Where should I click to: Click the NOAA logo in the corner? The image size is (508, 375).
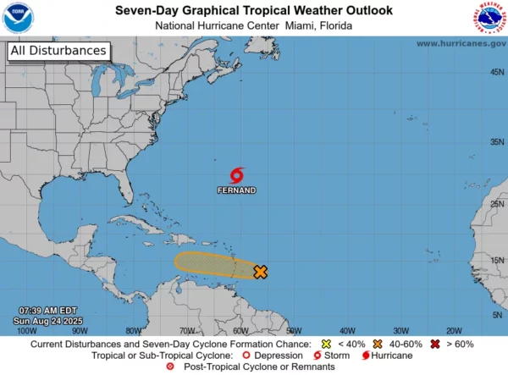pyautogui.click(x=18, y=18)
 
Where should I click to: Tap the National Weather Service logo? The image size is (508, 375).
pyautogui.click(x=489, y=18)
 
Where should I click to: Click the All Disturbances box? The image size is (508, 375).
pyautogui.click(x=59, y=51)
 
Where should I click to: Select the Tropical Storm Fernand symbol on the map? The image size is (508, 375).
pyautogui.click(x=237, y=175)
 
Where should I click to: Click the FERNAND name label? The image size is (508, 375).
pyautogui.click(x=237, y=190)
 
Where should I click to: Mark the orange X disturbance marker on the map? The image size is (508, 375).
pyautogui.click(x=260, y=272)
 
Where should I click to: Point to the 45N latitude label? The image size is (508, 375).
pyautogui.click(x=496, y=72)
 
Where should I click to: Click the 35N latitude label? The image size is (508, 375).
pyautogui.click(x=496, y=142)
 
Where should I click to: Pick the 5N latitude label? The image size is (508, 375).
pyautogui.click(x=496, y=315)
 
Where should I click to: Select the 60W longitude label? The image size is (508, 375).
pyautogui.click(x=240, y=330)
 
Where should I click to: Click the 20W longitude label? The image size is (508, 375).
pyautogui.click(x=454, y=330)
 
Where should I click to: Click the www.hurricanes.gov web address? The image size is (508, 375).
pyautogui.click(x=461, y=43)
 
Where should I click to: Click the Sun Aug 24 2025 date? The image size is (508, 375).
pyautogui.click(x=49, y=321)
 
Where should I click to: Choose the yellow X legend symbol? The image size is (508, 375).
pyautogui.click(x=327, y=345)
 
